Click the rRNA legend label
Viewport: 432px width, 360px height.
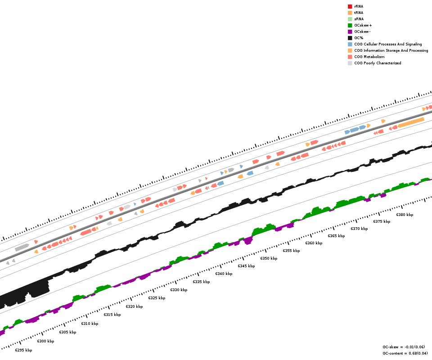point(359,6)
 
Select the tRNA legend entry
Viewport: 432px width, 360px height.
point(359,13)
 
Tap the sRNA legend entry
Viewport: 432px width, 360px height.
point(359,19)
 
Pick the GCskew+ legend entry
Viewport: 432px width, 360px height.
point(363,25)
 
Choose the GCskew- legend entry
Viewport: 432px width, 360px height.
point(362,31)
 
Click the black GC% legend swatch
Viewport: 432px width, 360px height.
point(350,38)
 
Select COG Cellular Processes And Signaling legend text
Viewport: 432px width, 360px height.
point(388,44)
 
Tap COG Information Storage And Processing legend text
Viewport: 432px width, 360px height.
point(391,50)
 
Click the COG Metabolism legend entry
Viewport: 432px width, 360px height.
point(369,57)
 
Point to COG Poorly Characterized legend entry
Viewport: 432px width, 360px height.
point(378,63)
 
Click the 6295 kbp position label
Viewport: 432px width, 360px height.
point(23,350)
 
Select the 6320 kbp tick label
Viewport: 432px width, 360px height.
point(134,306)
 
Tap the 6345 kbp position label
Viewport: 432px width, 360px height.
point(246,266)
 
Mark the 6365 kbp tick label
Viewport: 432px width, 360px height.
point(336,236)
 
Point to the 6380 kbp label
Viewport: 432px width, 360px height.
point(405,215)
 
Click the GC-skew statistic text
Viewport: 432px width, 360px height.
point(404,347)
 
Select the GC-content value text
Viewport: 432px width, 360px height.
point(405,353)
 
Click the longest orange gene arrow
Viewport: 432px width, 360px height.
point(411,122)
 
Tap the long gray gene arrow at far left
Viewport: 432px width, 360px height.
point(22,247)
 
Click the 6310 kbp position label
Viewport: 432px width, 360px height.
point(90,324)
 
